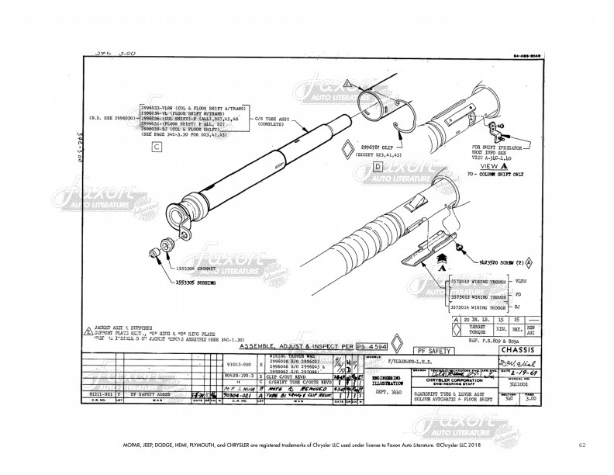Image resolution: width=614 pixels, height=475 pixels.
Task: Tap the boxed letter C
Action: coord(157,146)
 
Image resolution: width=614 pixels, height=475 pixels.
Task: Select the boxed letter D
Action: coord(378,165)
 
